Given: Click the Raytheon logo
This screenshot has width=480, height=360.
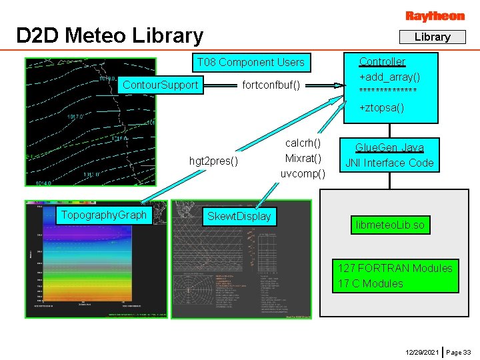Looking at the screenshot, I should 435,15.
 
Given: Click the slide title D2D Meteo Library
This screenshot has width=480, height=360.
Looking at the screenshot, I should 110,35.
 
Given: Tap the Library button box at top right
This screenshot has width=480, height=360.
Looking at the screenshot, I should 432,37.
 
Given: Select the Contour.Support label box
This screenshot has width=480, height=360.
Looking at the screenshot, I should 161,85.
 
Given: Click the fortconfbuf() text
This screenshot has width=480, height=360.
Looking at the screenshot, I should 271,85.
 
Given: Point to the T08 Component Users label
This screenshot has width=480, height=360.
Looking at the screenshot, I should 250,63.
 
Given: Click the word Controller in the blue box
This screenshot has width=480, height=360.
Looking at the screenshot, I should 382,61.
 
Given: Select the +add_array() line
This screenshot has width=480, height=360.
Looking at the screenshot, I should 389,77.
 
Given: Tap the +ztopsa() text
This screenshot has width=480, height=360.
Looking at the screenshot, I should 381,107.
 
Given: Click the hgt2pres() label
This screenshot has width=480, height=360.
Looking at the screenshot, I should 214,161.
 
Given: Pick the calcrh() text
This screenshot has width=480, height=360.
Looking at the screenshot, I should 303,143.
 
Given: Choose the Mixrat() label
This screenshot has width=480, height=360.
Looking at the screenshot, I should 303,158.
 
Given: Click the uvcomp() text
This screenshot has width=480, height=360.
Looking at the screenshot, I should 303,173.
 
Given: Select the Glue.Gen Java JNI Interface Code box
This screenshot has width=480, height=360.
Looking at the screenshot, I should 389,155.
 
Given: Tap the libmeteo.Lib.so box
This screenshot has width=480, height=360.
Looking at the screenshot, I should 389,225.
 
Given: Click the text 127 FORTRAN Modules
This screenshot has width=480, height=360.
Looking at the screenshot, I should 395,268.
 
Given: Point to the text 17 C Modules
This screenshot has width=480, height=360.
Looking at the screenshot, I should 370,283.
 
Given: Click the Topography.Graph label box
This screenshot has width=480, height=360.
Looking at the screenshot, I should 103,215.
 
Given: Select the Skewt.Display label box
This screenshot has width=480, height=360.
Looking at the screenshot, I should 239,216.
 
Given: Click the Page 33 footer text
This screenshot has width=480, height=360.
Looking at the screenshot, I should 459,351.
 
